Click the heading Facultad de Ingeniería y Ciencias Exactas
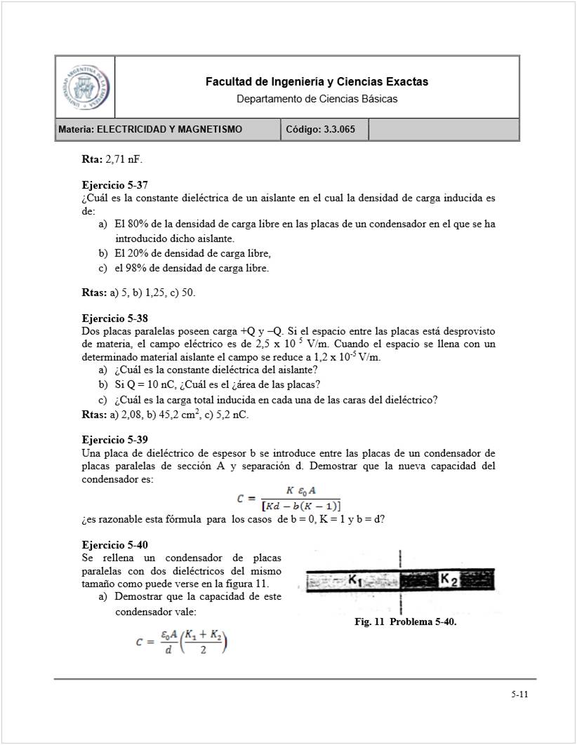coord(317,82)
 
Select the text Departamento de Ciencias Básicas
coord(317,99)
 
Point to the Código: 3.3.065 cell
coord(324,130)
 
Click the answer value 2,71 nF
coord(124,160)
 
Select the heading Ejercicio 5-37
coord(114,186)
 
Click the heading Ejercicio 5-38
coord(114,318)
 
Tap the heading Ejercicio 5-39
coord(114,440)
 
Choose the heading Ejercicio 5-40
coord(114,545)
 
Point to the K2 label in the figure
coord(449,579)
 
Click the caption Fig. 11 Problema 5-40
coord(406,622)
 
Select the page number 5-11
coord(519,695)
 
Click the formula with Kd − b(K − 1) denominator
coord(288,499)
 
